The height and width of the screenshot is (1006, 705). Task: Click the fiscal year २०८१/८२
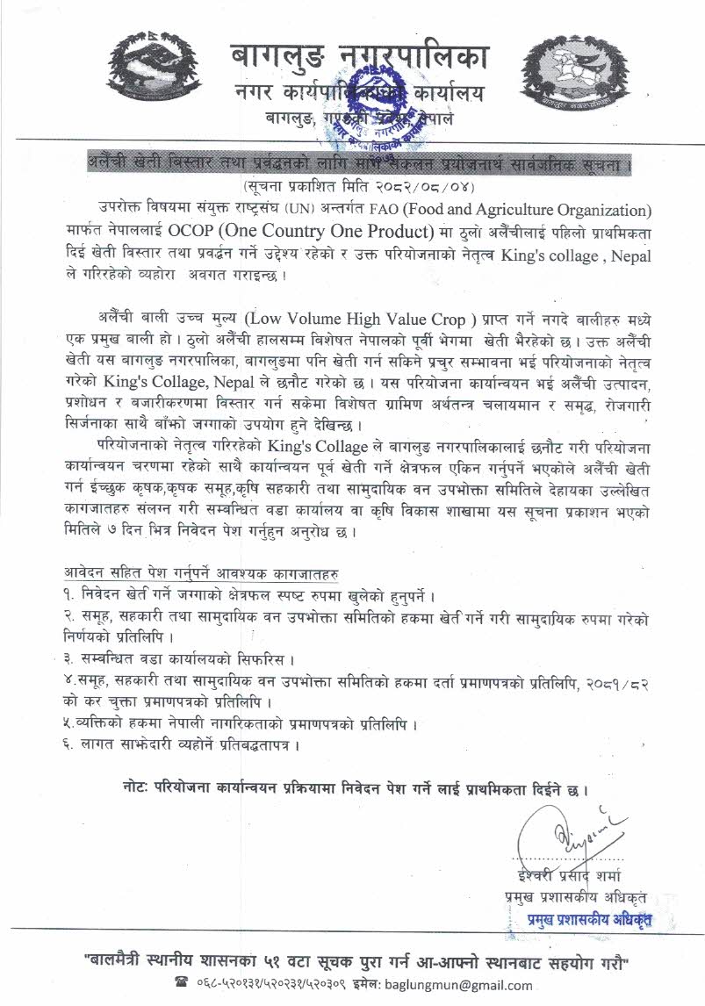click(x=620, y=682)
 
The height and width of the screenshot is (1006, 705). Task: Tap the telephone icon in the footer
click(x=183, y=981)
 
